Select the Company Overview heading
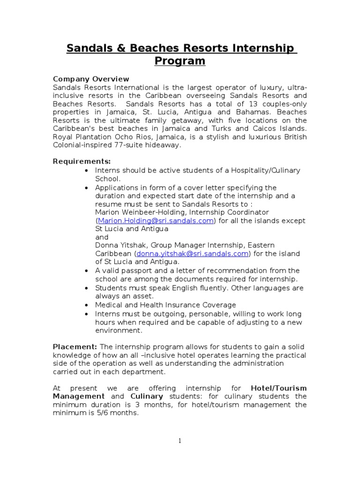point(91,79)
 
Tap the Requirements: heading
point(82,161)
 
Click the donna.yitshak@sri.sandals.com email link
point(192,254)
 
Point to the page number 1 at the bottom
point(180,441)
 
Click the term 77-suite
point(136,145)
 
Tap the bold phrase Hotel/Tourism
point(279,388)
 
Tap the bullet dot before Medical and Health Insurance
point(87,305)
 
